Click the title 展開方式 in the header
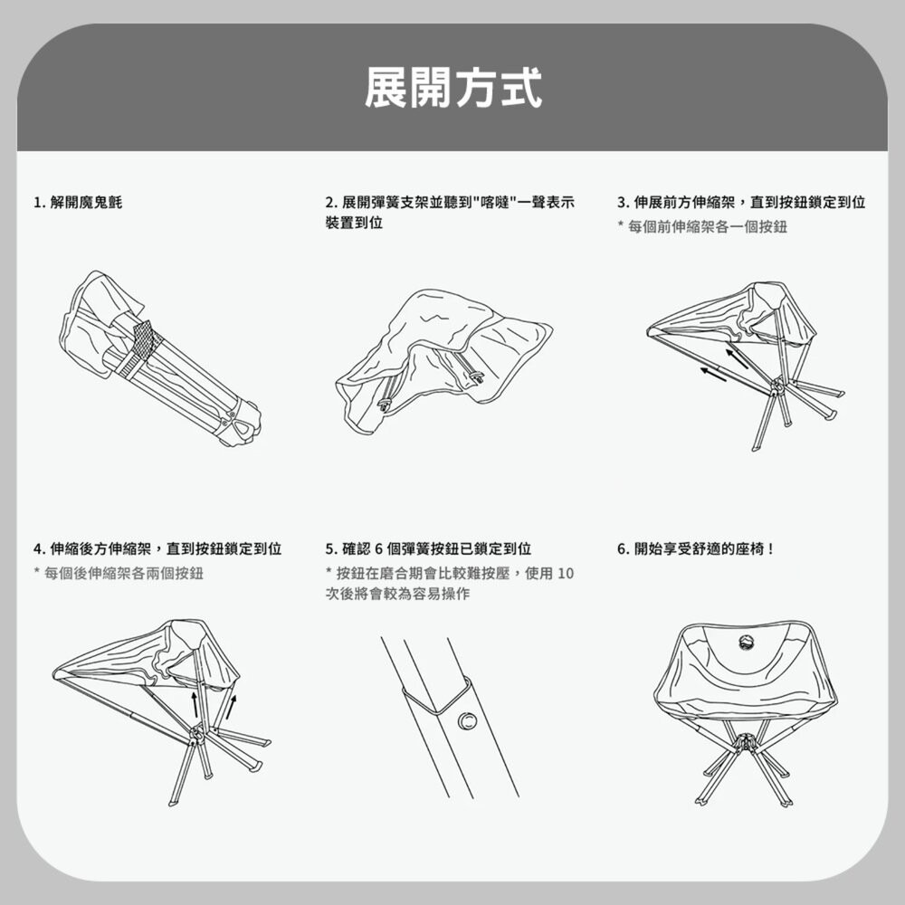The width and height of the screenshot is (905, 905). (452, 88)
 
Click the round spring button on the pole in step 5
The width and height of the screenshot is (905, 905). (467, 720)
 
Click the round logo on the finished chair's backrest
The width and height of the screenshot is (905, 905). (744, 643)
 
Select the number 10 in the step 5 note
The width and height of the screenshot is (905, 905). (566, 573)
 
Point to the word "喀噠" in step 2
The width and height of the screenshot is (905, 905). (495, 202)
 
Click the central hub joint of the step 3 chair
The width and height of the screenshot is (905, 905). (776, 386)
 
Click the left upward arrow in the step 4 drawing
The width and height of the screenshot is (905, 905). (195, 706)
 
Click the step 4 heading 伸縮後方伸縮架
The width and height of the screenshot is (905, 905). (157, 549)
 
